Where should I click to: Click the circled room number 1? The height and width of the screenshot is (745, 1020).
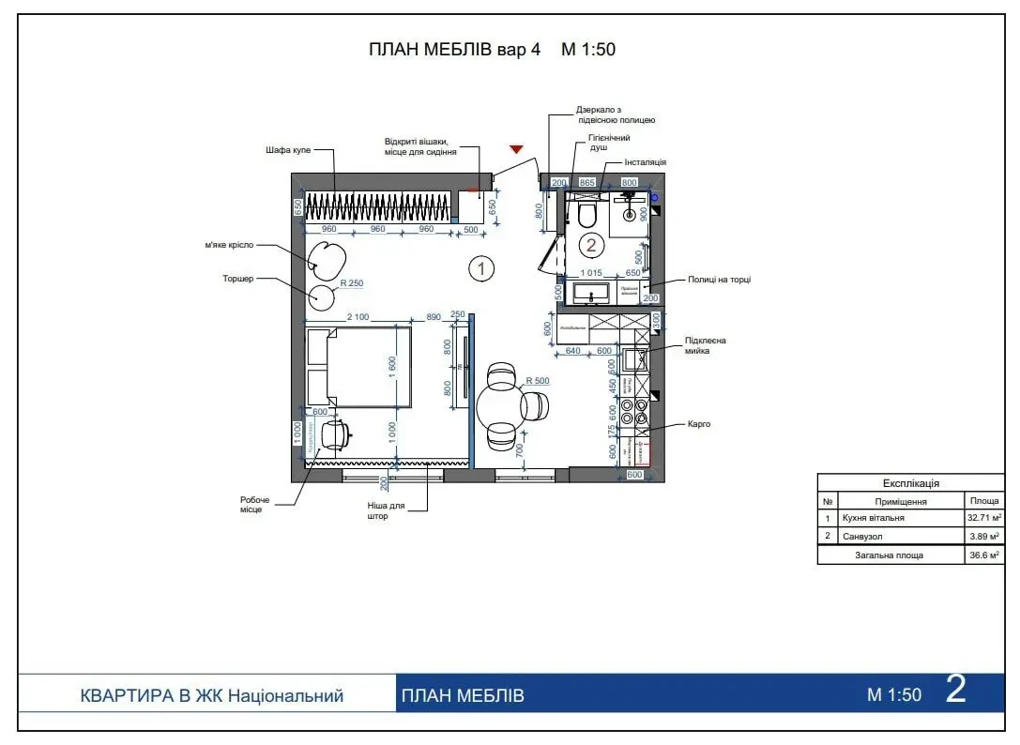[x=480, y=269]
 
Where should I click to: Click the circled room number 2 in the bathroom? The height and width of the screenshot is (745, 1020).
[x=591, y=246]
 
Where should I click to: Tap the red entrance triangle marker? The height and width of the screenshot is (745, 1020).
[x=515, y=148]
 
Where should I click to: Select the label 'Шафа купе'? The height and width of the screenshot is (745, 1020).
[x=288, y=149]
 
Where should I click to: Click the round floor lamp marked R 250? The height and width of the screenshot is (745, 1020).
[x=323, y=297]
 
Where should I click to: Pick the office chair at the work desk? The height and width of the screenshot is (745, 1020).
[x=334, y=433]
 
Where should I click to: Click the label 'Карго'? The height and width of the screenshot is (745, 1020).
[x=699, y=423]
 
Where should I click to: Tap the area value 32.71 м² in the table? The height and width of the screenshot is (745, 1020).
[x=984, y=517]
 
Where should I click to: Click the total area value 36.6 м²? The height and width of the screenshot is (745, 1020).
[x=984, y=555]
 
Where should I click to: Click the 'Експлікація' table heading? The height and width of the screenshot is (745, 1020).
[x=910, y=483]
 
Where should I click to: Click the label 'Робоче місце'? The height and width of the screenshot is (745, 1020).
[x=254, y=505]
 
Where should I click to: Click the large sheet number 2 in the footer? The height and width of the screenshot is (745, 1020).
[x=956, y=692]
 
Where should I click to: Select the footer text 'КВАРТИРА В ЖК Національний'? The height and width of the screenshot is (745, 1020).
[x=212, y=696]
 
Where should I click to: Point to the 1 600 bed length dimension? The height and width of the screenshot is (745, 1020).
[x=392, y=365]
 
